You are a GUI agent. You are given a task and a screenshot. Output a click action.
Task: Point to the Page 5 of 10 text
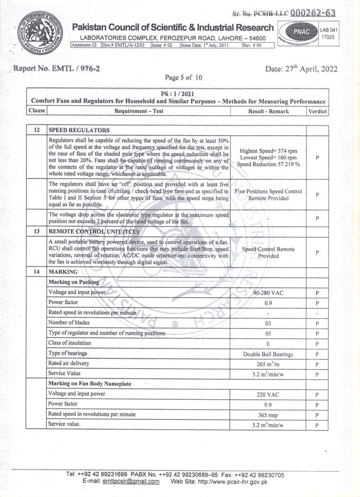(x=184, y=77)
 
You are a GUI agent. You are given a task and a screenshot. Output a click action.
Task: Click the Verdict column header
(x=317, y=111)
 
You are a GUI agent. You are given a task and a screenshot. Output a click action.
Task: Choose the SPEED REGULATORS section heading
(x=79, y=130)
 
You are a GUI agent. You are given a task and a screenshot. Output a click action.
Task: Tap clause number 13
(x=36, y=232)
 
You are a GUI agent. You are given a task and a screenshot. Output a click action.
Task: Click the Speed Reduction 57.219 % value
(x=268, y=165)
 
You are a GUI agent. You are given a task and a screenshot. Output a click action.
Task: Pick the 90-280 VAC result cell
(x=268, y=293)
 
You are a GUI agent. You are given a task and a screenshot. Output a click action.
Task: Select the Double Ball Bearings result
(x=268, y=354)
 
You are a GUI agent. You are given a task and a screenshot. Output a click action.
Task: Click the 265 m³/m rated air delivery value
(x=268, y=364)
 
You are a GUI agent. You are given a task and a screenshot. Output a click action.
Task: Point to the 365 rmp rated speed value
(x=268, y=414)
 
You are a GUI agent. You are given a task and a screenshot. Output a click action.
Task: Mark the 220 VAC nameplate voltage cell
(x=268, y=395)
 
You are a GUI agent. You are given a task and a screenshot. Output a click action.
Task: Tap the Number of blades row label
(x=69, y=323)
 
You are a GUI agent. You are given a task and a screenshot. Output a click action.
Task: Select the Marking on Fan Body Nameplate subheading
(x=90, y=384)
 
